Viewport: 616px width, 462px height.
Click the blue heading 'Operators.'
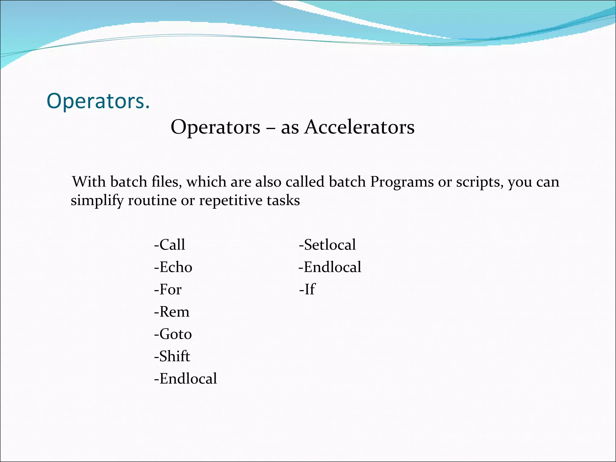(98, 101)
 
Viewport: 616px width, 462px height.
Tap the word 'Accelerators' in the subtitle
(359, 127)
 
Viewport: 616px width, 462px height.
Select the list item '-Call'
(169, 245)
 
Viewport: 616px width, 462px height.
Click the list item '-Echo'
(173, 267)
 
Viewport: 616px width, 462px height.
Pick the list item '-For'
(168, 289)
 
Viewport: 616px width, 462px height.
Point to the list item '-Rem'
(171, 312)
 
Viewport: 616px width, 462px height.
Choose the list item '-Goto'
(173, 334)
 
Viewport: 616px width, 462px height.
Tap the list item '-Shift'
(172, 356)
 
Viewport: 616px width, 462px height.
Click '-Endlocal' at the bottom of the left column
(185, 378)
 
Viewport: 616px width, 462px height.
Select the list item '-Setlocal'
(327, 245)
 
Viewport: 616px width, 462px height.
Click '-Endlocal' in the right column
(330, 267)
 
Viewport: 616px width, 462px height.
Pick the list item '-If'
(307, 289)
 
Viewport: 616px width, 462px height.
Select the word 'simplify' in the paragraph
(97, 201)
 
